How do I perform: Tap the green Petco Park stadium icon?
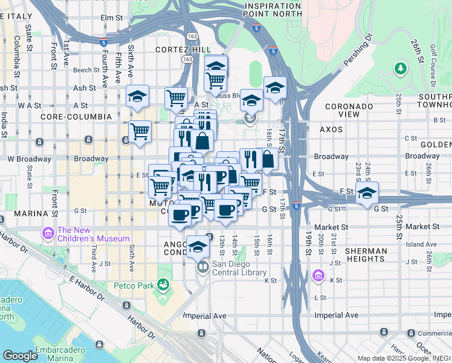(x=162, y=284)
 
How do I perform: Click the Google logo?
(x=20, y=356)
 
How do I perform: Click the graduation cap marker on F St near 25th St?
(x=367, y=193)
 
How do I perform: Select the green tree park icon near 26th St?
(x=399, y=69)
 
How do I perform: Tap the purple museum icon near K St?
(x=318, y=276)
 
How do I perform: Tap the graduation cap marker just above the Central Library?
(x=197, y=246)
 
